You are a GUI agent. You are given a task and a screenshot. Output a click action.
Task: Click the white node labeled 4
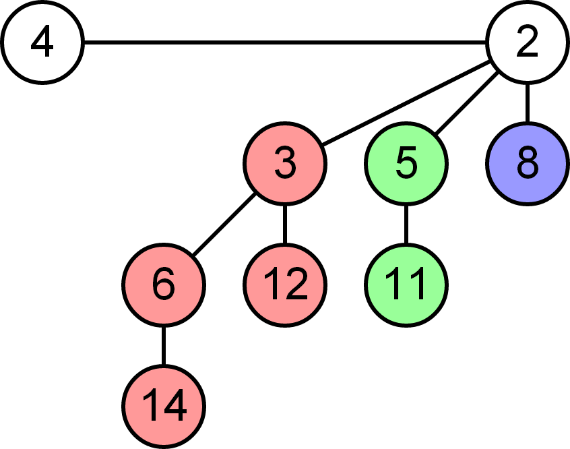point(42,43)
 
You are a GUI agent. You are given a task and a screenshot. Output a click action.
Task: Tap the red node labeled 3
point(284,164)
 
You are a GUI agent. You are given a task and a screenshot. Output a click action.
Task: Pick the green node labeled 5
point(406,164)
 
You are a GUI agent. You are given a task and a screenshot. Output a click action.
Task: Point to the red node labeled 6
point(164,285)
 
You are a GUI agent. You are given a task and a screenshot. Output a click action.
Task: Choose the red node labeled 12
point(284,285)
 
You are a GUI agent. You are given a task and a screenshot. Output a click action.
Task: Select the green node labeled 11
point(406,285)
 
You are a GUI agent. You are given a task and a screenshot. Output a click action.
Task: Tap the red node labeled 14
point(164,406)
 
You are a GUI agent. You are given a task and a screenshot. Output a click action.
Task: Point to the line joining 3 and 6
point(224,224)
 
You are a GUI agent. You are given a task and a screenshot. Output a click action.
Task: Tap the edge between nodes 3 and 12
point(284,224)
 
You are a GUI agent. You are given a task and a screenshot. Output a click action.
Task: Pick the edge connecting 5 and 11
point(406,224)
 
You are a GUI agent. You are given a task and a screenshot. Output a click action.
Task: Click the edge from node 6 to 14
point(164,345)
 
